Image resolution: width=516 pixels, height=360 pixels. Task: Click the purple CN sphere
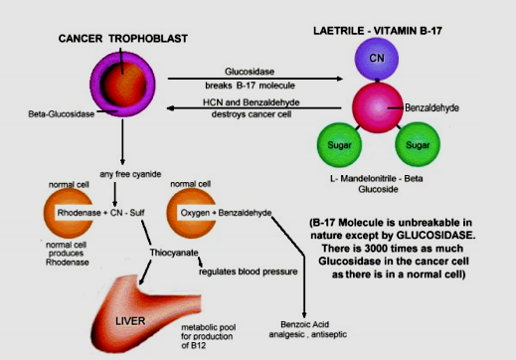coord(377,59)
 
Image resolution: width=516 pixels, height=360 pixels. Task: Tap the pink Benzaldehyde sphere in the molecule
coord(378,107)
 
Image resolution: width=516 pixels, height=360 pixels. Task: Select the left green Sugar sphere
coord(339,145)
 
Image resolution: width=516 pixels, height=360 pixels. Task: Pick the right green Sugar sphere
coord(418,144)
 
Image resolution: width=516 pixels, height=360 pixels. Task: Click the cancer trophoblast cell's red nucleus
coord(123,84)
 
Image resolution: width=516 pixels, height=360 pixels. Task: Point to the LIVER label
coord(130,321)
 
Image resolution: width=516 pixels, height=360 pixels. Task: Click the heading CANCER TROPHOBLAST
coord(123,39)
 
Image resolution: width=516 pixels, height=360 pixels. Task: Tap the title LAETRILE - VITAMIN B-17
coord(378,31)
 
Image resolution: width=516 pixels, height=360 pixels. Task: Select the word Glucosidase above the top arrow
coord(250,72)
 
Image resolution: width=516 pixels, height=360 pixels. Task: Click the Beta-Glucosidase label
coord(62,114)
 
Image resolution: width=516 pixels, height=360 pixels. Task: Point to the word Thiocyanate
coord(174,253)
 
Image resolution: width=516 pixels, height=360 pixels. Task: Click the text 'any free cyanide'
coord(130,174)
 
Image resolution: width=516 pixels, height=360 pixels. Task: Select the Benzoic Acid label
coord(305,324)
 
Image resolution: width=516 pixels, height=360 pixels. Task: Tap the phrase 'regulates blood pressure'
coord(249,271)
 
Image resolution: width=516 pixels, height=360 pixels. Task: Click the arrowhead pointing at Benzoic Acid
coord(304,315)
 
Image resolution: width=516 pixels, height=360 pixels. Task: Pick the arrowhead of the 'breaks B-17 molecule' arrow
coord(339,79)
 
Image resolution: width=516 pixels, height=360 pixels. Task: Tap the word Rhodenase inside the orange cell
coord(79,213)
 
